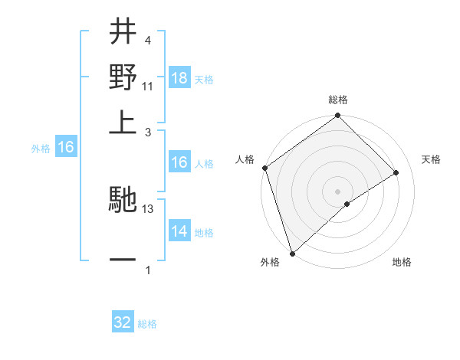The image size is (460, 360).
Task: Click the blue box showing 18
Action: tap(179, 78)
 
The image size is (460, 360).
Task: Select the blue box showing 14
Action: tap(179, 232)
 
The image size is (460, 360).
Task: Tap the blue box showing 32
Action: tap(123, 322)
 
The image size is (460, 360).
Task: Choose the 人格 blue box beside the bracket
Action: tap(179, 162)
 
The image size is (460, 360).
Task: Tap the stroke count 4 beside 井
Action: tap(147, 40)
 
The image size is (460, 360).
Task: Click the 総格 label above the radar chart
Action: tap(338, 100)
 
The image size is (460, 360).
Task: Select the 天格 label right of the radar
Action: tap(431, 159)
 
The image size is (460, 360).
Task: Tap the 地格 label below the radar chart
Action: tap(402, 263)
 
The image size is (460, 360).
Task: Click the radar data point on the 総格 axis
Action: tap(338, 116)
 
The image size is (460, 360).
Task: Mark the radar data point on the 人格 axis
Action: tap(264, 168)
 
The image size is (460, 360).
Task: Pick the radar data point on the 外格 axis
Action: tap(292, 253)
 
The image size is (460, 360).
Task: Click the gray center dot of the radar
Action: tap(338, 190)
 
